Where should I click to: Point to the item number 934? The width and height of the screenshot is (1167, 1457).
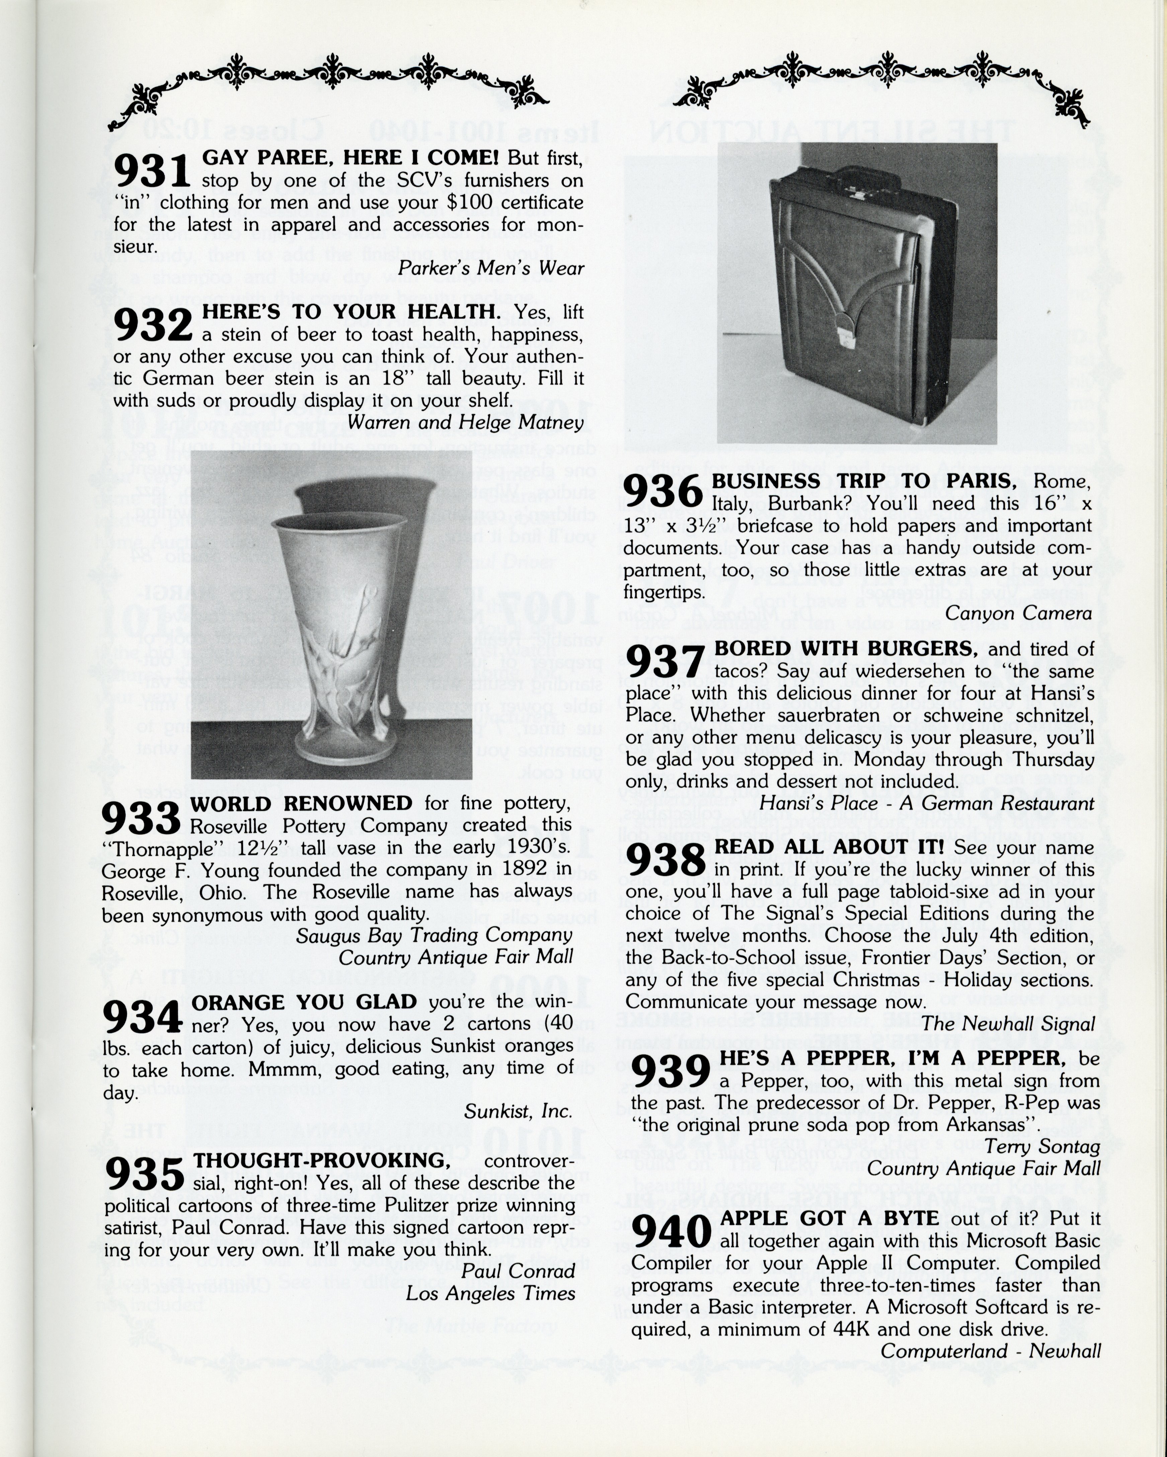(x=142, y=1016)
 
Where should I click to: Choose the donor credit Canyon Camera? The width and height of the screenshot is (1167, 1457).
(x=1018, y=613)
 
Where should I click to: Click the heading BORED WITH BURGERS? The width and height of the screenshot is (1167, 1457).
(x=845, y=649)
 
